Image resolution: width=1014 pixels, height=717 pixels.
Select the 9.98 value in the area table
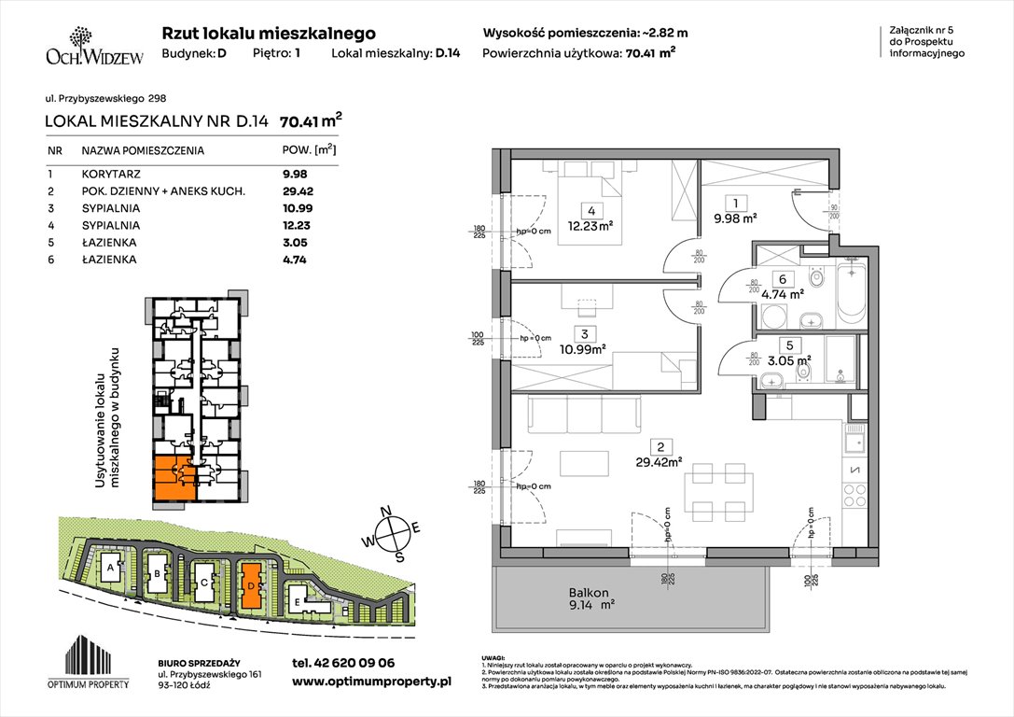(x=295, y=173)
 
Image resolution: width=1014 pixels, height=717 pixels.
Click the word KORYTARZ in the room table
(x=108, y=173)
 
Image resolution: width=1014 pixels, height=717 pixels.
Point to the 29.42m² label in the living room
(x=667, y=460)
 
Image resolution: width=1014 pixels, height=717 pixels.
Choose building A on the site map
(x=111, y=567)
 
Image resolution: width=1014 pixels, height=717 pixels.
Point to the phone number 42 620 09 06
(x=343, y=662)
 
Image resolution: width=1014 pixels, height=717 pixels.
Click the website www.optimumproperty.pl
(x=371, y=682)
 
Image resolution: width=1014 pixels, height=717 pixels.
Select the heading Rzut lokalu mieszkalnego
(x=269, y=33)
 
